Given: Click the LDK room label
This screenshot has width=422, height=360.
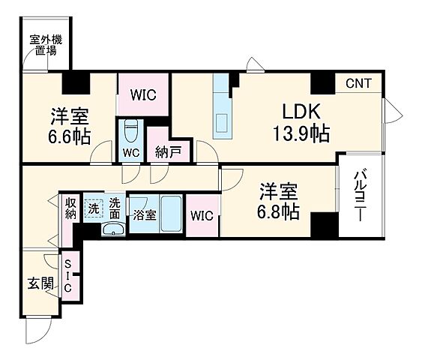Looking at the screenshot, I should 301,112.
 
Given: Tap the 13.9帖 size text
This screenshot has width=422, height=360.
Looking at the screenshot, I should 301,134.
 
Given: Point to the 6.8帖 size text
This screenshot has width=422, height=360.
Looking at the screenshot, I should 280,211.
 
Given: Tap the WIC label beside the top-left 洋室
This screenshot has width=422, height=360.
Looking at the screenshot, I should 144,95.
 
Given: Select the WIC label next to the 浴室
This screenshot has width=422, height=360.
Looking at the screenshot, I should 202,216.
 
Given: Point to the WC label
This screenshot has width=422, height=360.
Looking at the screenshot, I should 130,152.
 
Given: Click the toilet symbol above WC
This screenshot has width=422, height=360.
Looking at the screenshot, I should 131,130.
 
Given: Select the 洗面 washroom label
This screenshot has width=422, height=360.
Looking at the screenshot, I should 115,208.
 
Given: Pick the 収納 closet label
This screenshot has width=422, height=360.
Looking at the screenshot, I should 70,208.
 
